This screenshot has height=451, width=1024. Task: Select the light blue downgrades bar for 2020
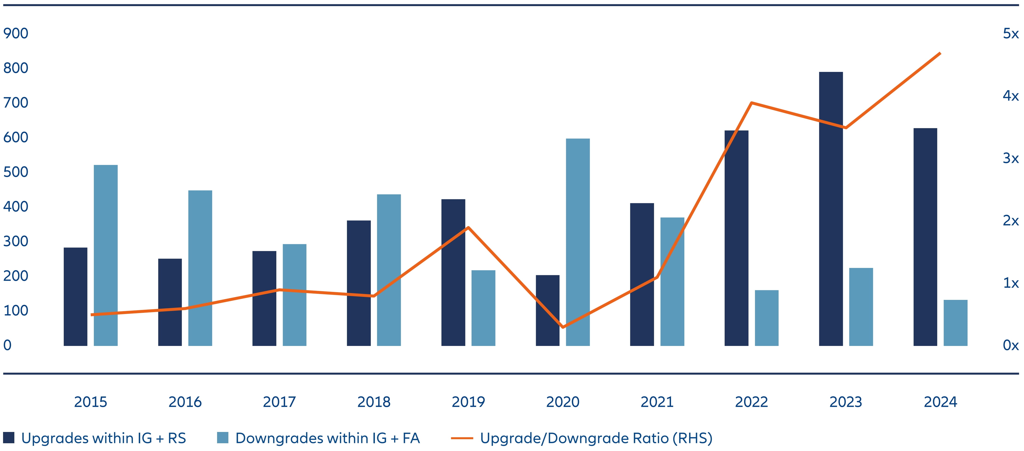coord(578,242)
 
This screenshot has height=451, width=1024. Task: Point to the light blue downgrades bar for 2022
coord(766,318)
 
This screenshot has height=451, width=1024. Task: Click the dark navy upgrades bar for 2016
coord(170,302)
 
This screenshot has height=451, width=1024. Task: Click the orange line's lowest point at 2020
coord(563,327)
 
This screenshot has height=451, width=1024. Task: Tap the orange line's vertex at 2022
coord(751,103)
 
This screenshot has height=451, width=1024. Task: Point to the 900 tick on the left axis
coord(16,33)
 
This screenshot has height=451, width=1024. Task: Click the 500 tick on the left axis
coord(16,172)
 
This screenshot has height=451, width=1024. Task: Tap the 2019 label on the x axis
coord(468,402)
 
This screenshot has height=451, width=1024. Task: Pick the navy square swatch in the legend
coord(9,438)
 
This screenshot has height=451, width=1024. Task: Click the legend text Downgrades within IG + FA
coord(328,438)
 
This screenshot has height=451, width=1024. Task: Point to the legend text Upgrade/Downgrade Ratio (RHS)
coord(596,438)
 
